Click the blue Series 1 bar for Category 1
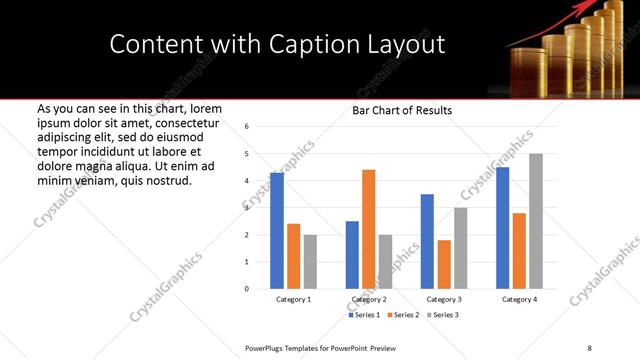click(x=277, y=231)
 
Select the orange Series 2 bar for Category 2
click(x=368, y=229)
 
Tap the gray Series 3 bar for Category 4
click(x=536, y=221)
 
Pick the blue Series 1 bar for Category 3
click(x=427, y=241)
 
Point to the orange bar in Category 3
click(x=444, y=264)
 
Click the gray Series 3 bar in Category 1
click(x=310, y=262)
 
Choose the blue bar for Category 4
click(x=502, y=228)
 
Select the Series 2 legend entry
click(x=403, y=315)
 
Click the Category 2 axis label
click(x=368, y=299)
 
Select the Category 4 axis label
click(x=519, y=299)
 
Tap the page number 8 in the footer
click(x=589, y=347)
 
